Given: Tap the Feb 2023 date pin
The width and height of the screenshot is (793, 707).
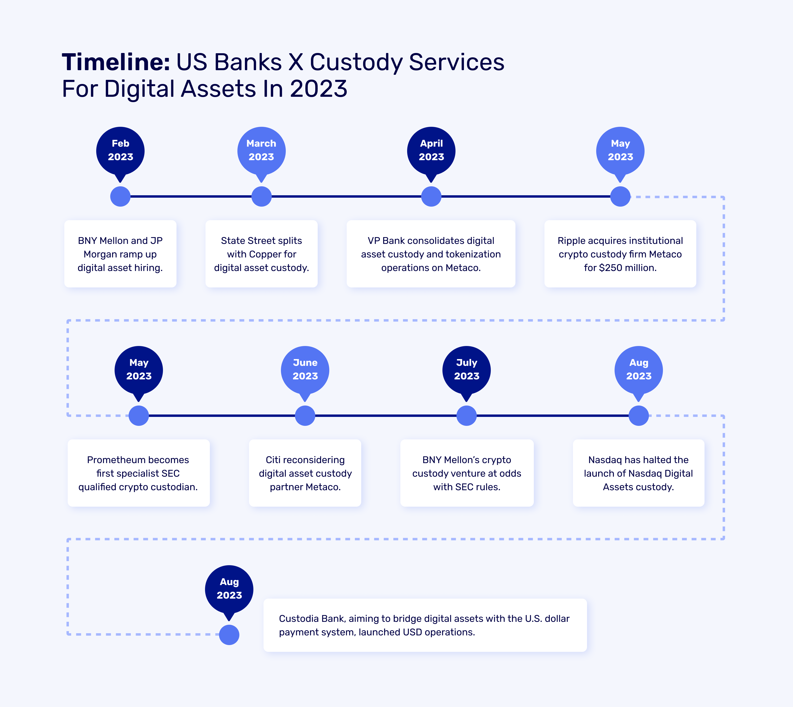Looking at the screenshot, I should click(x=120, y=151).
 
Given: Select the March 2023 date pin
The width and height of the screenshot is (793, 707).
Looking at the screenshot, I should click(x=261, y=151).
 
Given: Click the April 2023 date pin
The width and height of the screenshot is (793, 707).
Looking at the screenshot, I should click(x=431, y=151).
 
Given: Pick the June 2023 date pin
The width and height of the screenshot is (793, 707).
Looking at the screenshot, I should click(x=305, y=370).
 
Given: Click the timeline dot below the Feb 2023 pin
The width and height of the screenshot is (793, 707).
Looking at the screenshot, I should click(x=120, y=196).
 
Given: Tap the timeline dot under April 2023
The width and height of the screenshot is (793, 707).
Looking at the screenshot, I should click(x=431, y=196).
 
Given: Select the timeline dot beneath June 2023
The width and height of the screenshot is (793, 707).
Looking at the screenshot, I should click(x=305, y=416).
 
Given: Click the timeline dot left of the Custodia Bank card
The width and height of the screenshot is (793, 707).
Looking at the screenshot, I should click(x=229, y=635).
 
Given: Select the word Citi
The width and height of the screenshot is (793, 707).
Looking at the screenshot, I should click(x=273, y=460).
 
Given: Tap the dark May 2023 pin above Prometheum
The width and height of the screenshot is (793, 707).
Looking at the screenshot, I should click(x=139, y=370).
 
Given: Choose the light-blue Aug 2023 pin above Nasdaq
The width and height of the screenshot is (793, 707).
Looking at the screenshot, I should click(x=639, y=370).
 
